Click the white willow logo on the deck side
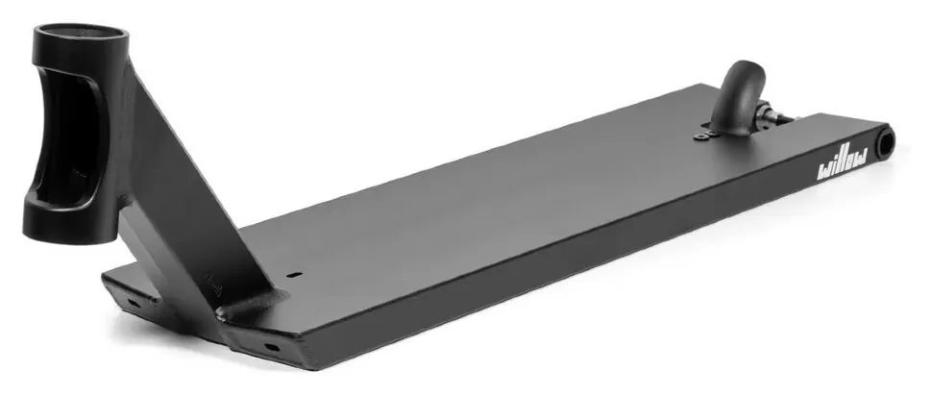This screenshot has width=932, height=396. pos(843,163)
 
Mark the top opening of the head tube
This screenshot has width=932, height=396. pos(82,35)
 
